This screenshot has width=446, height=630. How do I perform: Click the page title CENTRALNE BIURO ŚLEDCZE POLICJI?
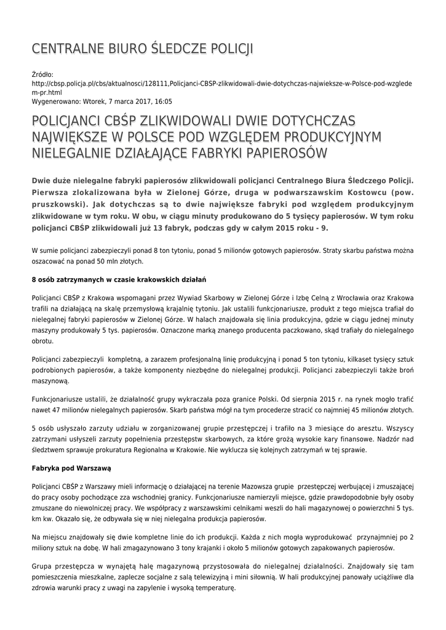click(142, 49)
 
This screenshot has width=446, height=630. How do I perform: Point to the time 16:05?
click(162, 101)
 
